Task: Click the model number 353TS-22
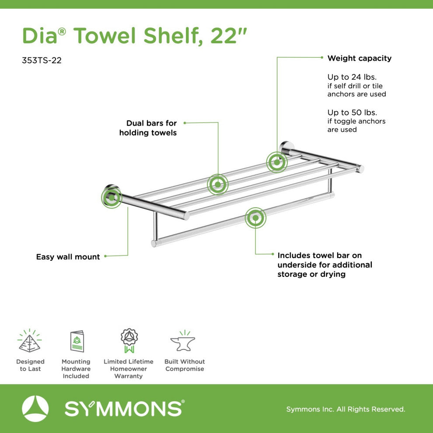pos(42,60)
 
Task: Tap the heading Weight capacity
pos(359,58)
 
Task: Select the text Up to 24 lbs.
pos(352,77)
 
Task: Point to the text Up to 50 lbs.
pos(352,112)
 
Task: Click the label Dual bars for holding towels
pos(148,128)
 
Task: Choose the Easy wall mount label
pos(68,257)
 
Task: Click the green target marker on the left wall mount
pos(112,197)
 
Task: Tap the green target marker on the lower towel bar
pos(255,218)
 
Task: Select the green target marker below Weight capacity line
pos(277,162)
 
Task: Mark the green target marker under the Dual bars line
pos(218,185)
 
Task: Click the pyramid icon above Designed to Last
pos(30,341)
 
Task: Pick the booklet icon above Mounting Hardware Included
pos(77,341)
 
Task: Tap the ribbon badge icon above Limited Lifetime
pos(129,340)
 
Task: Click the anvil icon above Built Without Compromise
pos(183,341)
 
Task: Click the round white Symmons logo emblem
pos(35,409)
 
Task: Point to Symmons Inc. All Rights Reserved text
pos(346,409)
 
